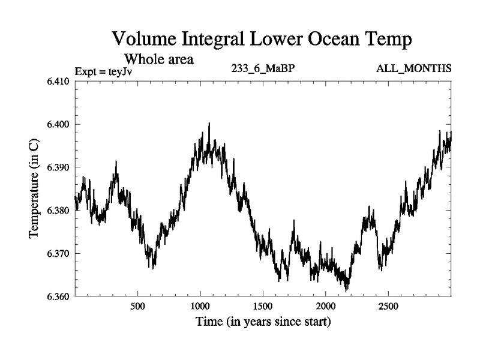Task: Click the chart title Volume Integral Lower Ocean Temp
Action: coord(262,40)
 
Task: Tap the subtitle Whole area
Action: coord(158,59)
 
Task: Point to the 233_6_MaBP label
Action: coord(262,69)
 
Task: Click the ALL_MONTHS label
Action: coord(413,69)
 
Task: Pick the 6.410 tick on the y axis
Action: coord(59,81)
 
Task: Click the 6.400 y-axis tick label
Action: coord(59,124)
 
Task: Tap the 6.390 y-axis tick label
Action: coord(59,167)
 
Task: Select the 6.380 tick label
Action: coord(59,211)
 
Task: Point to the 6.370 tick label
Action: coord(59,254)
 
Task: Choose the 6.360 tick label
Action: coord(59,296)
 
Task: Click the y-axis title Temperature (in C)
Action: coord(35,189)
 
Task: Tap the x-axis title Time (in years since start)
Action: coord(263,322)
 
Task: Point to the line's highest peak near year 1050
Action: coord(209,123)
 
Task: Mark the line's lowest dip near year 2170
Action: coord(347,291)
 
